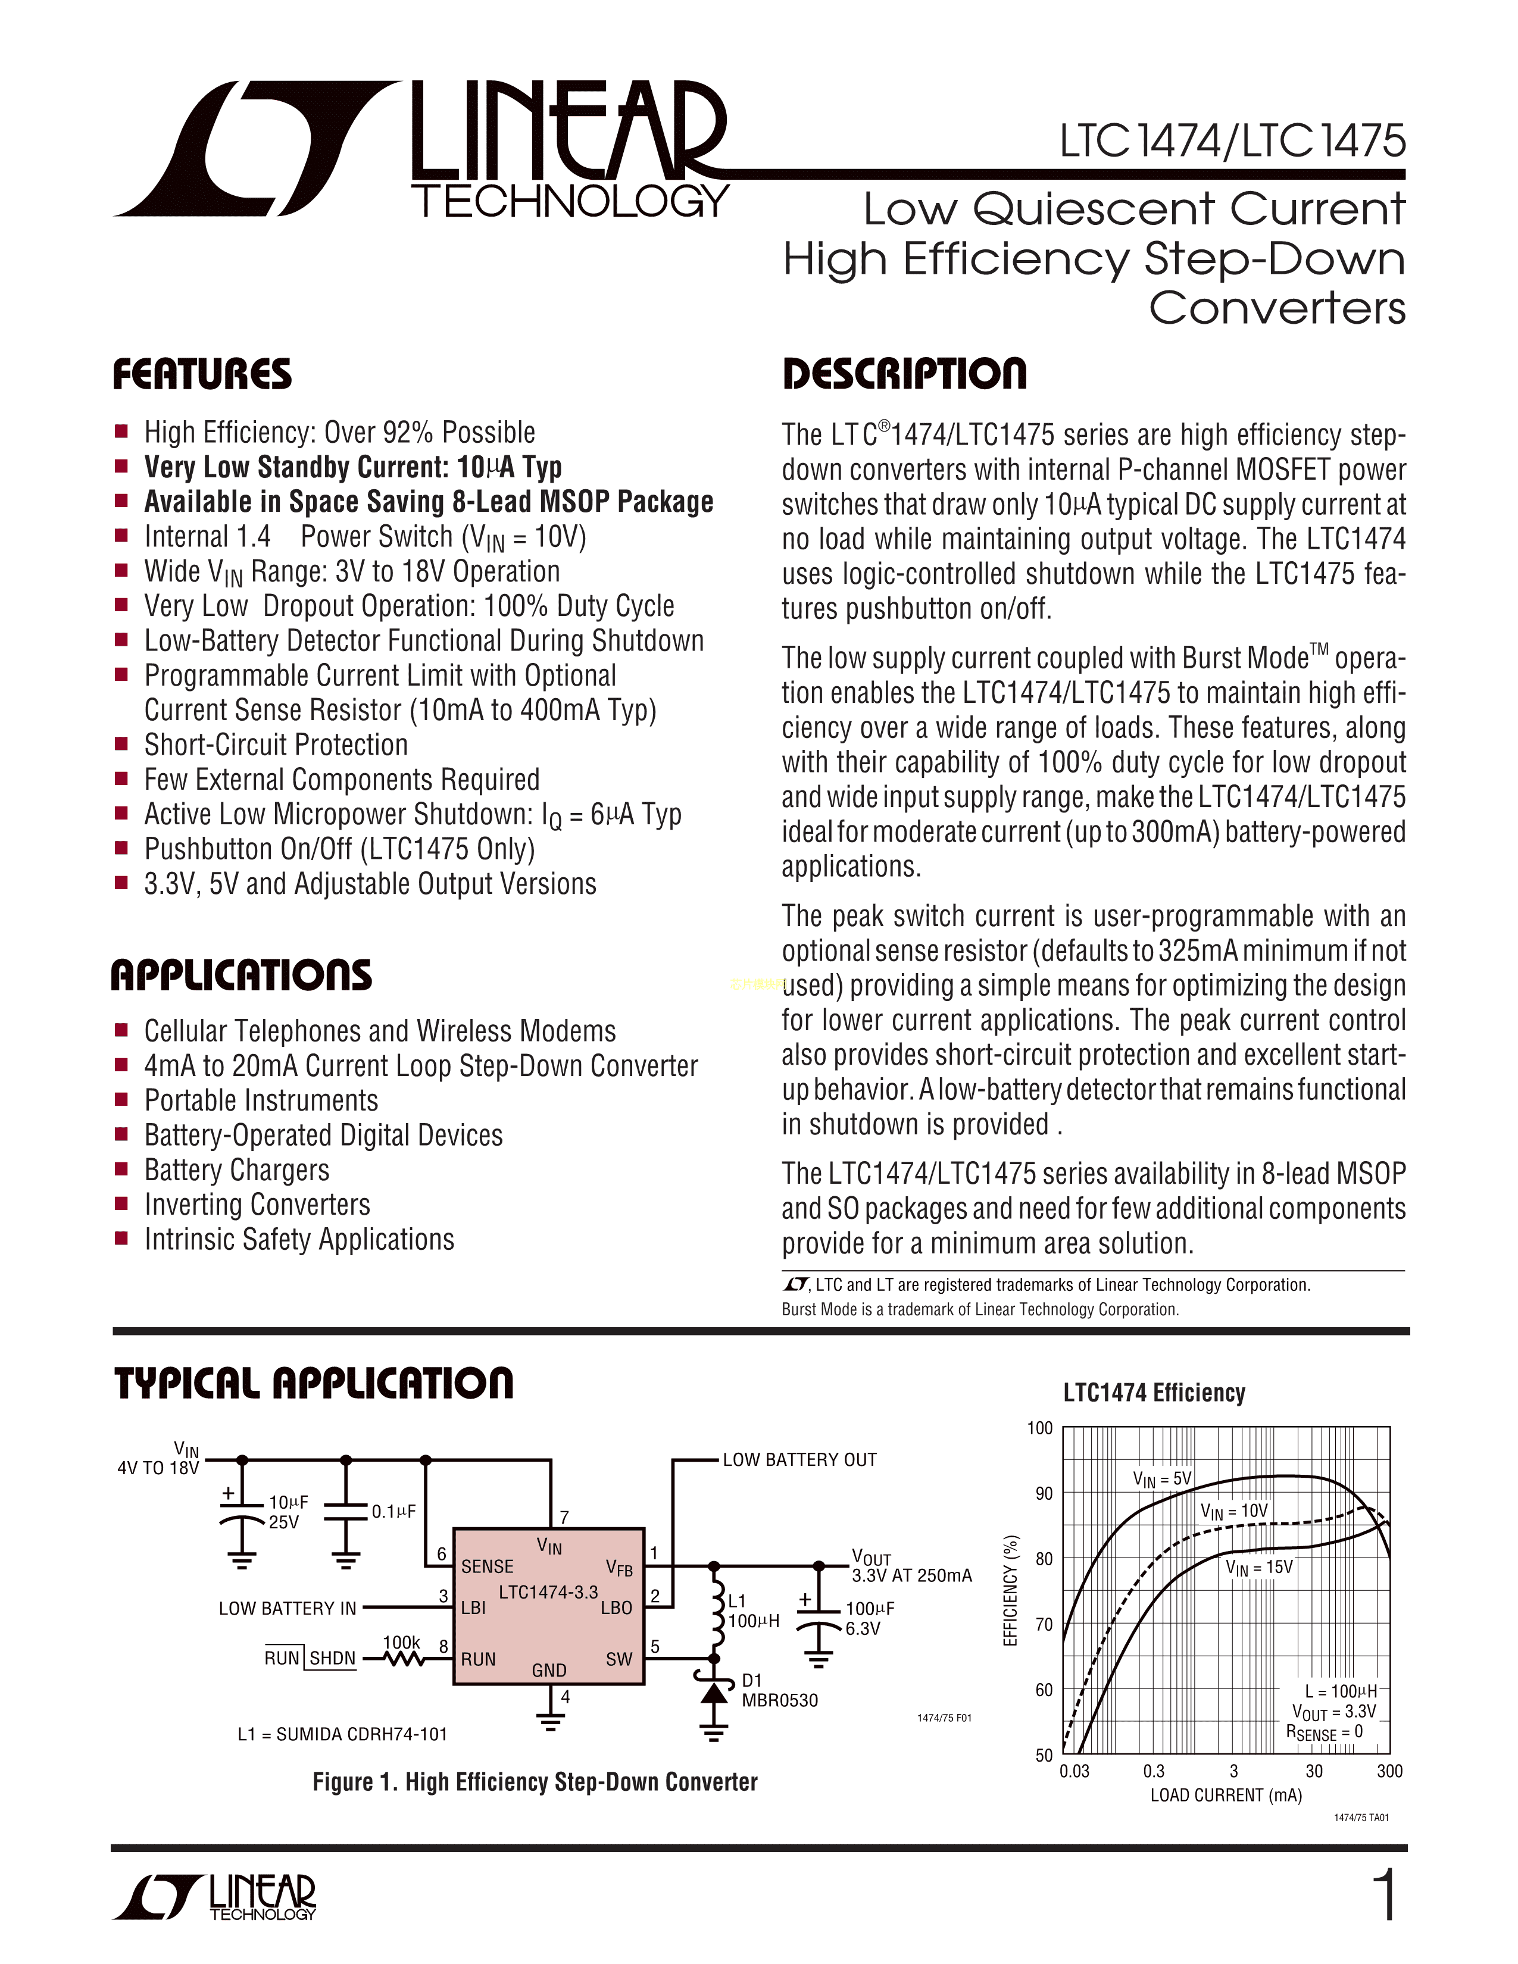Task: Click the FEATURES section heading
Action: tap(202, 374)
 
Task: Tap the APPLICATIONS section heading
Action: tap(241, 975)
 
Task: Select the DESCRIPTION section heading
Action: tap(904, 374)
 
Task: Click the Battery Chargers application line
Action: tap(236, 1170)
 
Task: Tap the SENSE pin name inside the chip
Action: tap(488, 1566)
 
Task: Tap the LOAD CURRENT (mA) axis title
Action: tap(1226, 1795)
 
